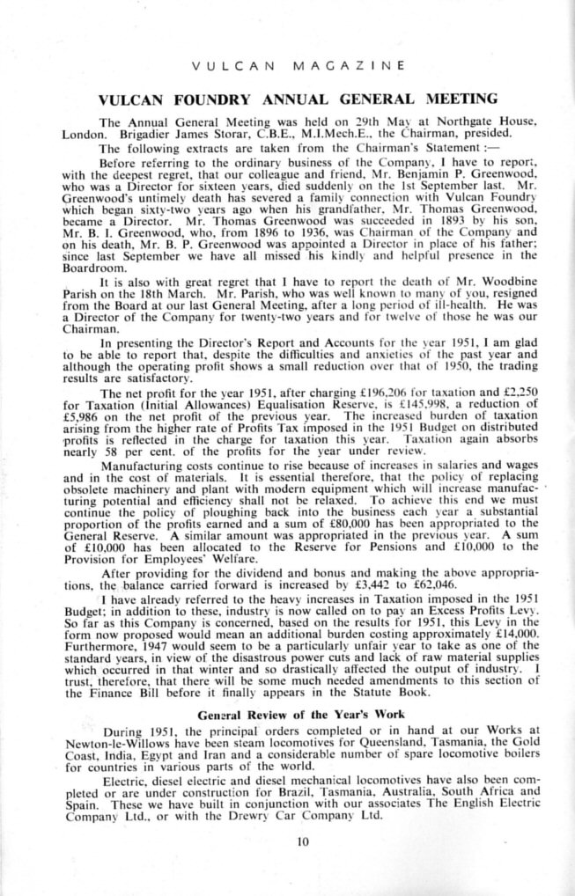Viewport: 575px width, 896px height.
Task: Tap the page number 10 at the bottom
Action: point(303,841)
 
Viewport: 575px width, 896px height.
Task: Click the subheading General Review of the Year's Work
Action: point(300,714)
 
